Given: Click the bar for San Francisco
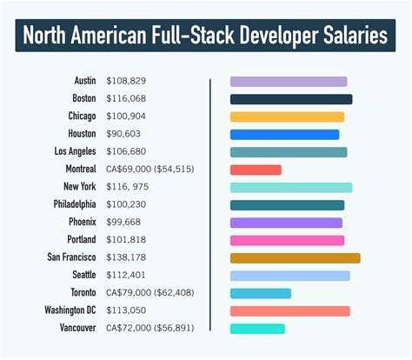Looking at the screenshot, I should click(295, 258).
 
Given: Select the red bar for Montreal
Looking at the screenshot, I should click(256, 170).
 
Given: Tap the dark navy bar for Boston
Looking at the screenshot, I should click(291, 99).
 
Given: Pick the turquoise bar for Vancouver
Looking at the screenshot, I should click(257, 329).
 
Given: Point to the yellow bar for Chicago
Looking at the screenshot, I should click(287, 117).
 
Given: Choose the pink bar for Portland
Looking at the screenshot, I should click(287, 240).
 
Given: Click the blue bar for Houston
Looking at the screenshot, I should click(284, 135).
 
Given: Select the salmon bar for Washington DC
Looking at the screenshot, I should click(289, 310).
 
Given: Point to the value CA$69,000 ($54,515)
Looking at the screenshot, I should click(148, 170).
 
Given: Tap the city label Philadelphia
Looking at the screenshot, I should click(69, 205).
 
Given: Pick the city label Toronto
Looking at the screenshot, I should click(82, 293).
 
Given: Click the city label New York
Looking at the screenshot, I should click(76, 187).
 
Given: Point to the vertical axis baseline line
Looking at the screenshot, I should click(210, 204).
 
